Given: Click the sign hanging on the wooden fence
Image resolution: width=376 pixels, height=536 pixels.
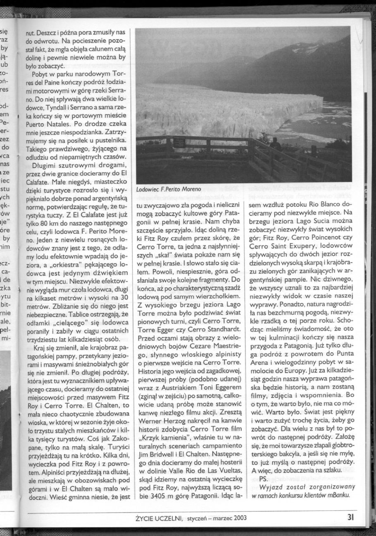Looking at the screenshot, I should click(180, 141).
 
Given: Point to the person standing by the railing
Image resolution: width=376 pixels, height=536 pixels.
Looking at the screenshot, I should click(275, 145).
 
